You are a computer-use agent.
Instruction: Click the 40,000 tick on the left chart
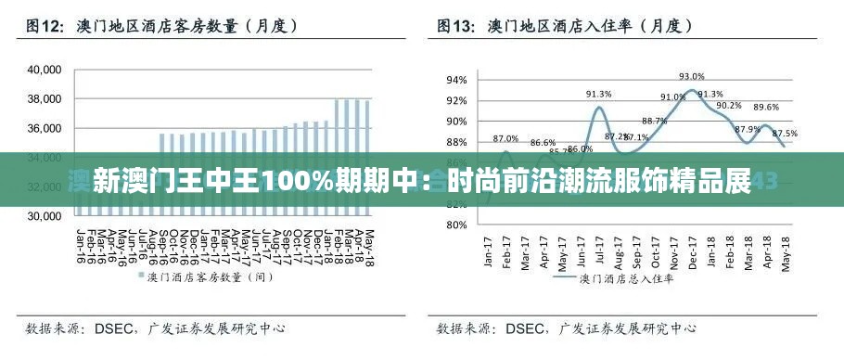pos(44,70)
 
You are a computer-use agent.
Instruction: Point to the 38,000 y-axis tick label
pos(44,99)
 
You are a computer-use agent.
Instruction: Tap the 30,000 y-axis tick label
pos(44,216)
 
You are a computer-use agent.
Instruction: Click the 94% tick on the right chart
pos(457,80)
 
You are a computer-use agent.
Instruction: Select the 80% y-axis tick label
pos(457,225)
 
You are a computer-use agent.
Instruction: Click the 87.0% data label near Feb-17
pos(506,138)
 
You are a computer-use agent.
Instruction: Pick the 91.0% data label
pos(673,97)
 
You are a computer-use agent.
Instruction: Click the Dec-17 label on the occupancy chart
pos(692,251)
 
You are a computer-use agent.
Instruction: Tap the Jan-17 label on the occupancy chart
pos(488,251)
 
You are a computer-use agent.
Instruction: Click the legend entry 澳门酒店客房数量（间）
pos(203,276)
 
